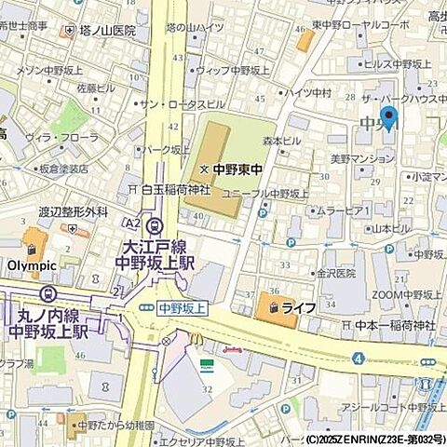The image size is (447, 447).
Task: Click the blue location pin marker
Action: click(x=389, y=118)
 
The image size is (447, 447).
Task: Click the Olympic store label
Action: click(x=33, y=264)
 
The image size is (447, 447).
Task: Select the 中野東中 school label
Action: click(x=232, y=169)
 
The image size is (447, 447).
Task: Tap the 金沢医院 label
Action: click(x=335, y=274)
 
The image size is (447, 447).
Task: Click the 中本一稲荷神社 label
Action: click(x=397, y=325)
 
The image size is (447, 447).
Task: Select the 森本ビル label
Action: click(x=282, y=141)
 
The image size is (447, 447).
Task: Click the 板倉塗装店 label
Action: click(x=64, y=169)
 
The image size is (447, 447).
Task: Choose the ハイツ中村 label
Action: click(x=309, y=92)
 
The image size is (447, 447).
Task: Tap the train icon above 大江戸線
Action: click(x=155, y=224)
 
